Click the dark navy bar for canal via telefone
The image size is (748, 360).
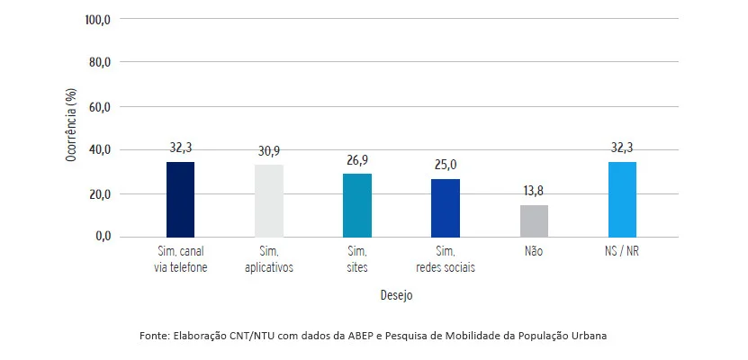point(181,199)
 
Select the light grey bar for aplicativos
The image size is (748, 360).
point(269,201)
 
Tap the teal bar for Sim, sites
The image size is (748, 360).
point(357,205)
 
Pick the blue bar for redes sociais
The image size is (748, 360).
point(446,207)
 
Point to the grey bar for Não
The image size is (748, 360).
point(534,220)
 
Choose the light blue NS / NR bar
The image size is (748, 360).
point(622,199)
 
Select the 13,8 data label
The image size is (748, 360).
point(534,193)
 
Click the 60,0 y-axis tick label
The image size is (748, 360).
point(98,106)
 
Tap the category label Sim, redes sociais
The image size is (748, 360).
point(446,259)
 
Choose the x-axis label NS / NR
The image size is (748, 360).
point(622,253)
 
